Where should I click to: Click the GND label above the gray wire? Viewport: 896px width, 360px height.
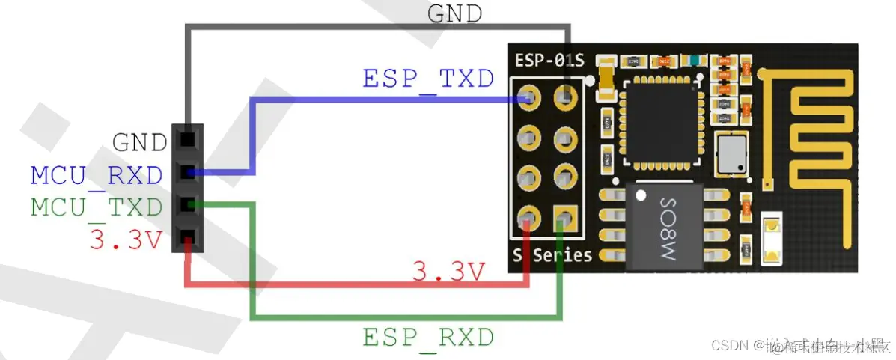(x=454, y=13)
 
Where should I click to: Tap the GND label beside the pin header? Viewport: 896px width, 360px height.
(x=139, y=142)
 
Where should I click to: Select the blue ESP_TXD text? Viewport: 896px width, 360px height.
(x=428, y=78)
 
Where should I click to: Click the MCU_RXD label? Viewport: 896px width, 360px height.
(x=97, y=175)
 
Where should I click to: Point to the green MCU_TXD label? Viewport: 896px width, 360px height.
(x=97, y=207)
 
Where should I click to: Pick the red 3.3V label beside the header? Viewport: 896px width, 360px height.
(x=126, y=240)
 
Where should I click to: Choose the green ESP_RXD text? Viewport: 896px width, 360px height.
(x=428, y=338)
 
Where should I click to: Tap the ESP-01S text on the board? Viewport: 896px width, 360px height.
(x=549, y=59)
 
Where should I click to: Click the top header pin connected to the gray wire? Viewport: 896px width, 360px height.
(x=187, y=140)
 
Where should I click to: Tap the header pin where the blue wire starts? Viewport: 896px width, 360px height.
(x=187, y=173)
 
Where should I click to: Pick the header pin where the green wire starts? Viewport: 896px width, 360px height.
(x=187, y=204)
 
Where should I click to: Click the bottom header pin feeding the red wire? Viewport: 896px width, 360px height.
(x=187, y=238)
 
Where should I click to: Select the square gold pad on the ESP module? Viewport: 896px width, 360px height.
(x=564, y=219)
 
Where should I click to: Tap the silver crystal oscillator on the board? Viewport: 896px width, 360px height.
(x=730, y=154)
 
